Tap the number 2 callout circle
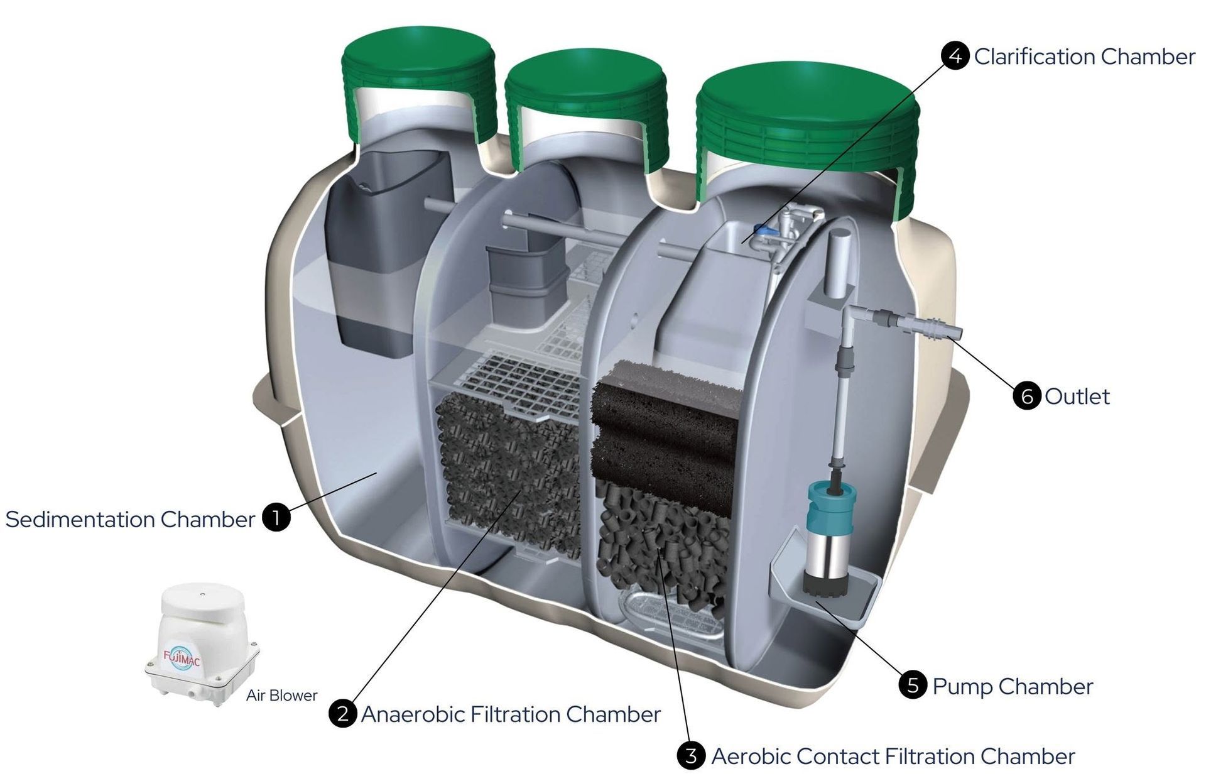pos(343,713)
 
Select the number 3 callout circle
pos(691,755)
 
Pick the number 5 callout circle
pos(913,685)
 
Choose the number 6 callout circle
pos(1027,396)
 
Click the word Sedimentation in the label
pos(80,520)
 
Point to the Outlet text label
pos(1077,396)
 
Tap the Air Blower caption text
pos(281,696)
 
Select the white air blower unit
pos(202,643)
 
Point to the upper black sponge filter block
pos(666,399)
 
